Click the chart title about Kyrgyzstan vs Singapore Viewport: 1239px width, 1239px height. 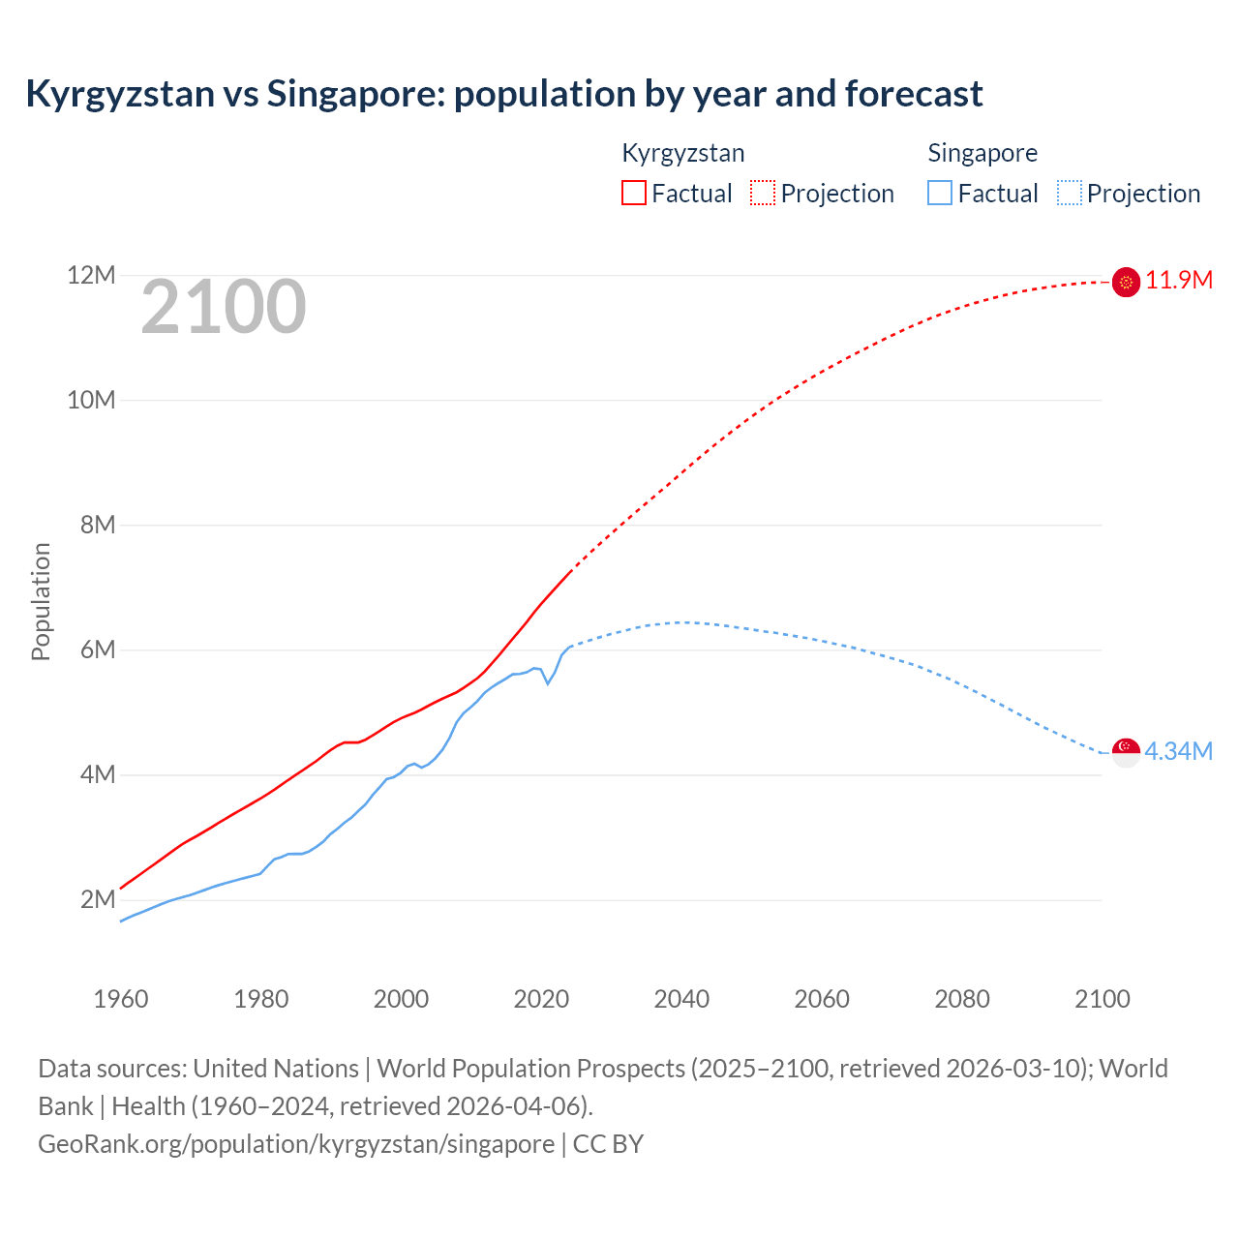[503, 94]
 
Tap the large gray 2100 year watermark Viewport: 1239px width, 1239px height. [224, 307]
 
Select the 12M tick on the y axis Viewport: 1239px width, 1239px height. [91, 276]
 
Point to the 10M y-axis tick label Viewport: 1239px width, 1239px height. [91, 400]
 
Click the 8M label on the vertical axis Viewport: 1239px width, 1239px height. [97, 525]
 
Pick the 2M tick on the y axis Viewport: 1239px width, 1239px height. [97, 899]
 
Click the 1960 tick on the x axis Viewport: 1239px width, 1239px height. [121, 999]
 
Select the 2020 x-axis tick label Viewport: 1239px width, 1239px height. [541, 999]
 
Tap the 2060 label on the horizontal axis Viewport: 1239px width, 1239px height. [822, 999]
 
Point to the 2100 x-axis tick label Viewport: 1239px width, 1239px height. [1102, 999]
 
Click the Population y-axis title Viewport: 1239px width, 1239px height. [41, 601]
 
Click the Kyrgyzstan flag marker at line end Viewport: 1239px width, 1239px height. [1126, 282]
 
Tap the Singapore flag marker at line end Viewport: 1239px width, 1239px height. [1126, 752]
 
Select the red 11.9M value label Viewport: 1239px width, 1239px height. [1179, 281]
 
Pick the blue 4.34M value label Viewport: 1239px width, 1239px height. [1179, 752]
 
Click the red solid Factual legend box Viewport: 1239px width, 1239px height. [633, 194]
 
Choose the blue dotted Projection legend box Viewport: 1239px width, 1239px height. [1070, 194]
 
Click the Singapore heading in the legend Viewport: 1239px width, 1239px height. [982, 153]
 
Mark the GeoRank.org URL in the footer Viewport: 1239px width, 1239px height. [296, 1144]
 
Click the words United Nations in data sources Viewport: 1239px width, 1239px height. [276, 1069]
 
